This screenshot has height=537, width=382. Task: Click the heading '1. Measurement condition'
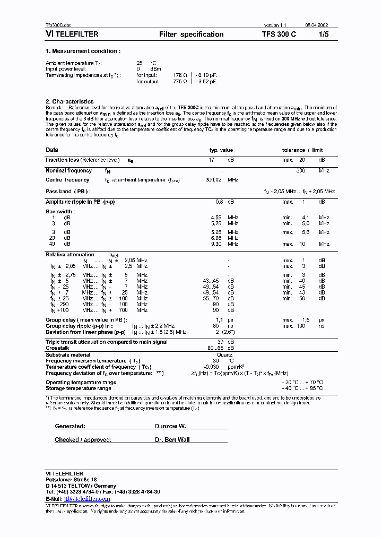coord(83,51)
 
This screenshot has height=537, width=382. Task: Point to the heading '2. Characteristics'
coord(70,101)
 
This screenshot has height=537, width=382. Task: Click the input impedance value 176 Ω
coord(180,75)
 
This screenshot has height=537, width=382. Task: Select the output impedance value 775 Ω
coord(180,82)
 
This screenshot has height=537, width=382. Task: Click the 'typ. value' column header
coord(221,150)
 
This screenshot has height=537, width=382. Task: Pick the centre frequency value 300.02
coord(213,180)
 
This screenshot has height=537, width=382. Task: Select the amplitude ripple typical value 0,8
coord(219,202)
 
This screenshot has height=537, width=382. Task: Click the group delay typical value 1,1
coord(219,320)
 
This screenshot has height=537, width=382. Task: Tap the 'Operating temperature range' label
coord(81,382)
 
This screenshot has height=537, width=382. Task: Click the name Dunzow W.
coord(170,426)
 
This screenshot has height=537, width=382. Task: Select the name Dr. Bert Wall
coord(173,440)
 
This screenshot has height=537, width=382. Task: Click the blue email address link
coord(87,499)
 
